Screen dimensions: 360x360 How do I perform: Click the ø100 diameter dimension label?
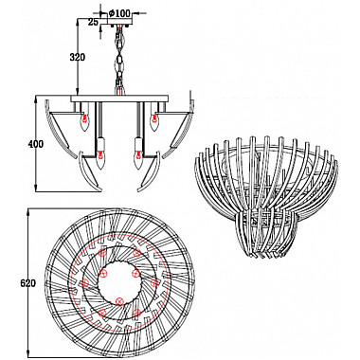point(119,13)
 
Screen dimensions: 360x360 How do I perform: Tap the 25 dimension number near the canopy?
point(93,22)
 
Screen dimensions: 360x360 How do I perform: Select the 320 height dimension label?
point(77,58)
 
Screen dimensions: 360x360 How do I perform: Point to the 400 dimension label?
point(36,144)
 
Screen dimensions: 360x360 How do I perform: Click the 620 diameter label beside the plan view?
point(28,283)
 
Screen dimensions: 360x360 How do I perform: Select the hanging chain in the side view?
point(120,60)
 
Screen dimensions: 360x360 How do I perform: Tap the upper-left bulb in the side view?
point(84,121)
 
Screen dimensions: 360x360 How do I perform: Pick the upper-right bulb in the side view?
point(154,121)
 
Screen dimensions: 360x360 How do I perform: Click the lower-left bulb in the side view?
point(100,159)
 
